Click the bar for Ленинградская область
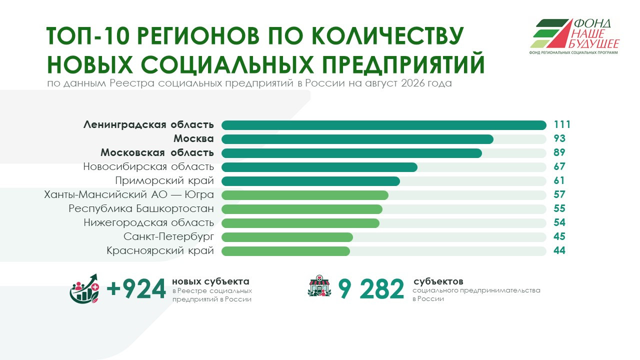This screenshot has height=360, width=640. (383, 125)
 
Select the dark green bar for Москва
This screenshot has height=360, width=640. (357, 139)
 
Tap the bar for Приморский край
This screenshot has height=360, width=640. (310, 181)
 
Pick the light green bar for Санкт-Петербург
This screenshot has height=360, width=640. (287, 237)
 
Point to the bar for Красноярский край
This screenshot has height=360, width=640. (285, 251)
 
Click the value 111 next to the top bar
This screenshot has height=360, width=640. (562, 125)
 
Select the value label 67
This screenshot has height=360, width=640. (559, 166)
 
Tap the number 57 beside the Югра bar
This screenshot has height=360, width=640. (559, 194)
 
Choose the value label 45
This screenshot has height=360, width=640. (559, 236)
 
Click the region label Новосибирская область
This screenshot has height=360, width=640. (148, 166)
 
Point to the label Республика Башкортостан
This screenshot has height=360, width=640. (141, 208)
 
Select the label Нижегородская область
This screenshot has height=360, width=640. (149, 222)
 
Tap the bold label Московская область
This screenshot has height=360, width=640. (157, 152)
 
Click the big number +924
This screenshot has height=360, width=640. (136, 289)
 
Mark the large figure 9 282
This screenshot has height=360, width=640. (371, 289)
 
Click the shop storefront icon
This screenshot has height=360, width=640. (319, 286)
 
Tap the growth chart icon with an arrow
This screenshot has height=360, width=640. (84, 288)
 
